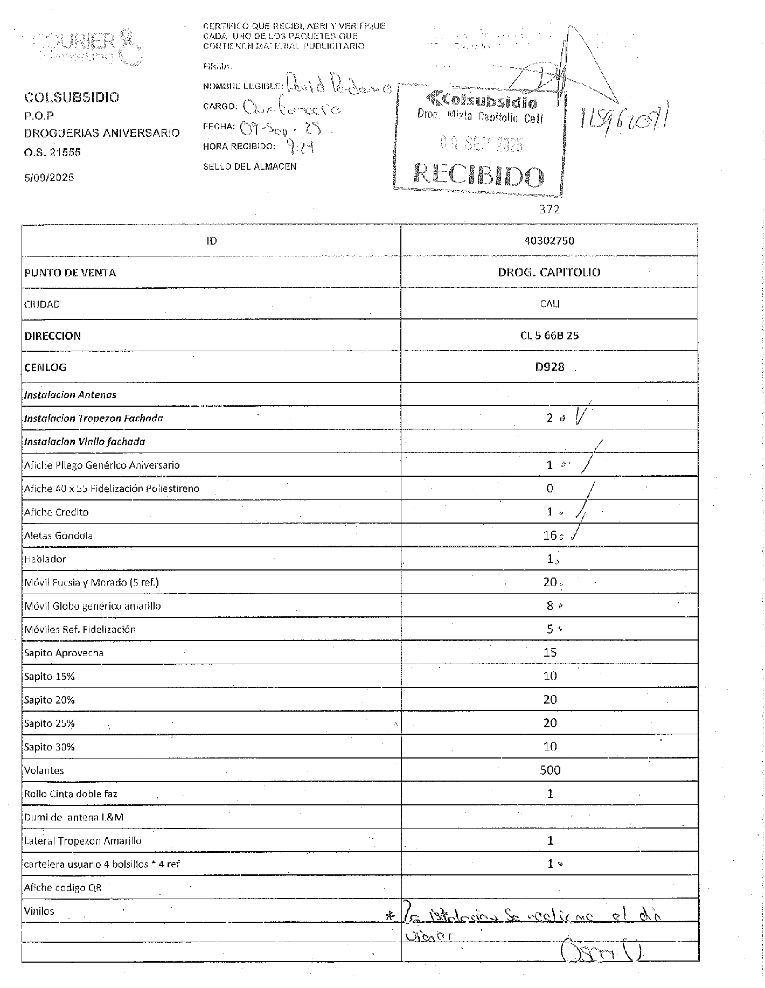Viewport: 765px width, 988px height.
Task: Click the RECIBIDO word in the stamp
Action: point(478,175)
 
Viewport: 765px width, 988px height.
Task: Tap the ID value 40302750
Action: point(549,241)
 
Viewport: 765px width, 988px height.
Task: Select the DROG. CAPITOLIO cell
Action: point(549,272)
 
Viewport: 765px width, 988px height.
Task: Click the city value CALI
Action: point(550,304)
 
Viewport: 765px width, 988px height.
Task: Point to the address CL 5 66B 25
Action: point(550,336)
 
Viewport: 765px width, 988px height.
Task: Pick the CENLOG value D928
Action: point(550,367)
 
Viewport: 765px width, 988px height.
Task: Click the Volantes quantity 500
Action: point(550,770)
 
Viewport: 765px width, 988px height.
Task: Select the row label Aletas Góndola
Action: point(58,535)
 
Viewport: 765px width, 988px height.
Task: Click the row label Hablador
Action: point(45,559)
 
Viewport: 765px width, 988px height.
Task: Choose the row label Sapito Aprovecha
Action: point(64,653)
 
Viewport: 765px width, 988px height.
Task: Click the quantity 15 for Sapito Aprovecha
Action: point(550,653)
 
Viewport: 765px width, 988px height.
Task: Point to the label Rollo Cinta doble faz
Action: point(71,794)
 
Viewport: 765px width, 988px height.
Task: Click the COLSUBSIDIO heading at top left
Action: point(72,98)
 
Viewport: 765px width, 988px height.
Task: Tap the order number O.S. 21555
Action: point(52,152)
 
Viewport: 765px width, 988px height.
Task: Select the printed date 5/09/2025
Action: point(49,178)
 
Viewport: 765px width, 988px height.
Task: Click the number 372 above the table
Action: point(550,210)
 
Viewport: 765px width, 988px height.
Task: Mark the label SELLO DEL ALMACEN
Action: point(249,167)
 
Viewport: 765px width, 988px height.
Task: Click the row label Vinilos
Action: point(39,912)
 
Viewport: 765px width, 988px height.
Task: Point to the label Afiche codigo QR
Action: point(62,888)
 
